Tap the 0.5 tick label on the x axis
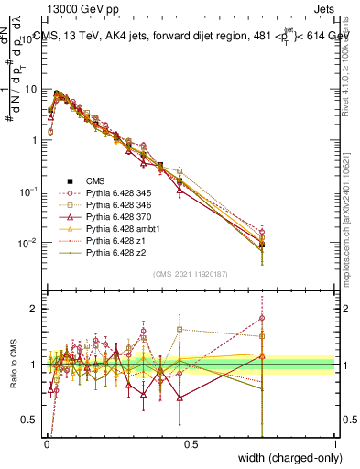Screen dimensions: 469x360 (x=191, y=442)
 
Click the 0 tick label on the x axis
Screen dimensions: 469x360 (x=46, y=442)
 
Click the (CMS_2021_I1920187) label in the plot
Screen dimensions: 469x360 (x=190, y=273)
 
